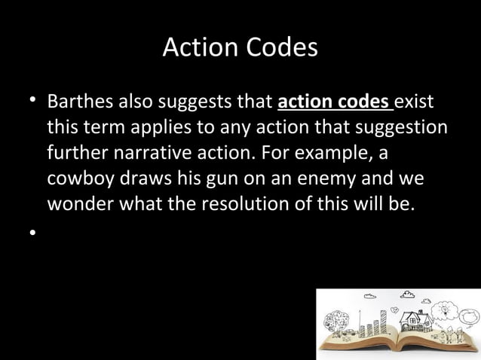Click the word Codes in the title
281,48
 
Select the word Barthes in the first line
80,101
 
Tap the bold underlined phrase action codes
335,101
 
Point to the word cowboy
80,182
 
